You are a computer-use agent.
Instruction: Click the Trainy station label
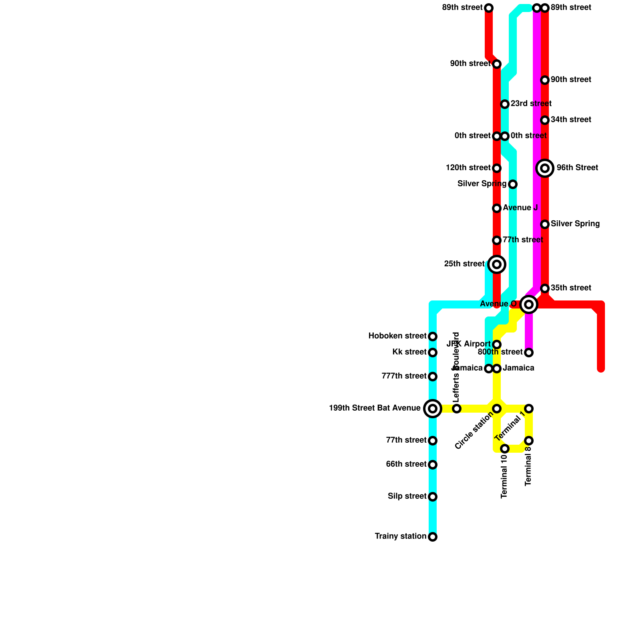[400, 536]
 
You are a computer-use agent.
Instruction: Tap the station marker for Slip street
[433, 497]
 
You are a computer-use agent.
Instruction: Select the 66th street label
[406, 464]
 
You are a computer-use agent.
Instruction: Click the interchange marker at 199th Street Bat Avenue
[433, 409]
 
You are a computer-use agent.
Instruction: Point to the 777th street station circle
[433, 377]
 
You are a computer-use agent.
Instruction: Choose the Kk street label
[409, 352]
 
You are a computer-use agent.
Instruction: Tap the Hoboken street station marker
[433, 337]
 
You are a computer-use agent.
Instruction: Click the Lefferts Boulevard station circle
[457, 409]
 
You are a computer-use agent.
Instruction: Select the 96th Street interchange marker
[545, 168]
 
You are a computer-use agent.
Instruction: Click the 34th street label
[570, 120]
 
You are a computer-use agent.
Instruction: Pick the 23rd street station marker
[505, 104]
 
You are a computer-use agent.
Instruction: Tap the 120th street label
[468, 168]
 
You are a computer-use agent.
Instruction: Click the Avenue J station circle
[497, 208]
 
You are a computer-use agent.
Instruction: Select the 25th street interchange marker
[497, 264]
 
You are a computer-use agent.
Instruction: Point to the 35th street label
[570, 288]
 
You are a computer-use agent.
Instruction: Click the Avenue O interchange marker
[529, 304]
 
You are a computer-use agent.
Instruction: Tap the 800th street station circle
[529, 353]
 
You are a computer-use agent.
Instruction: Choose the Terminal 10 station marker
[505, 449]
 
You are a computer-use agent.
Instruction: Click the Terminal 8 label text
[528, 466]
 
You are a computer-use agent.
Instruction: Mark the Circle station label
[474, 431]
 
